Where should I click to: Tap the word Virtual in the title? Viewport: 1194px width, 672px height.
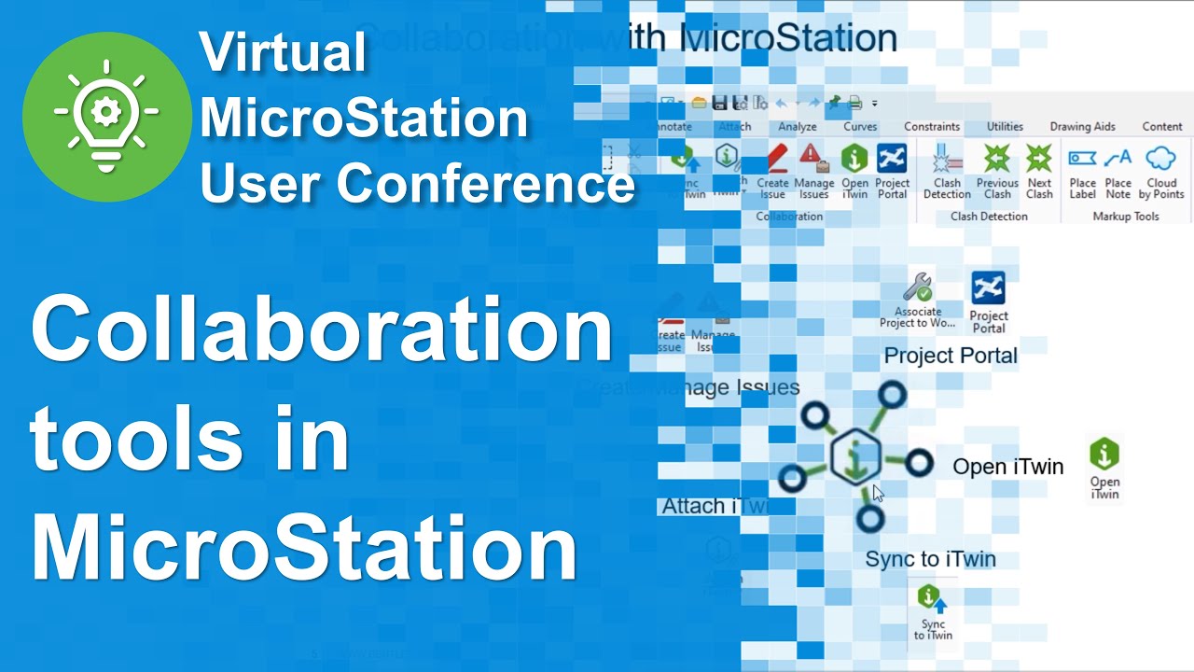pos(283,53)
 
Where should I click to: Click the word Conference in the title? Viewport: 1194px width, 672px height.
pos(486,183)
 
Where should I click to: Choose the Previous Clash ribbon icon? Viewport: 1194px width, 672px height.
pos(997,160)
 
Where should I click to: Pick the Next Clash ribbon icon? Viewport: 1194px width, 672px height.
pos(1039,160)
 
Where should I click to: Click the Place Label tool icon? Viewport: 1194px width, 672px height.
pos(1082,159)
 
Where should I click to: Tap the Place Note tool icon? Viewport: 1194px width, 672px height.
pos(1118,159)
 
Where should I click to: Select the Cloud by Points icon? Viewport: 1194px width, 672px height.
pos(1161,159)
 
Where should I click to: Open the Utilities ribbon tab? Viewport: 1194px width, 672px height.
pos(1005,127)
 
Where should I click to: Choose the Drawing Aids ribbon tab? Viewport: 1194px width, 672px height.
pos(1082,127)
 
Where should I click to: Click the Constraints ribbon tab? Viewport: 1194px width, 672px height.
pos(932,127)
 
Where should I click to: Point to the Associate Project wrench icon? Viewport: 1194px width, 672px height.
pos(917,287)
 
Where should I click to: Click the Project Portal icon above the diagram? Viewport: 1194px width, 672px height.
pos(988,289)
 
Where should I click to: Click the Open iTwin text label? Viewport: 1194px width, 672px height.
pos(1007,467)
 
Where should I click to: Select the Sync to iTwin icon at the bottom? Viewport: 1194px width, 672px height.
pos(931,598)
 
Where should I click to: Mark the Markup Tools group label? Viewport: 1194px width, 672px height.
pos(1125,217)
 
